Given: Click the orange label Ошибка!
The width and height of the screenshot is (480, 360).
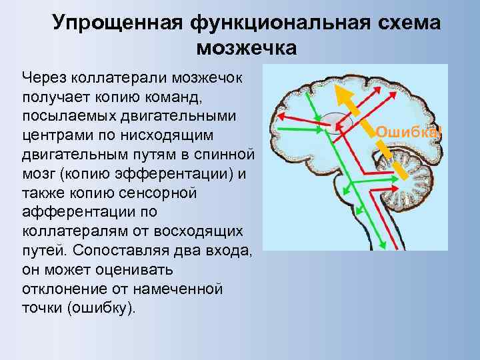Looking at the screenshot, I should coord(407,131).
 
